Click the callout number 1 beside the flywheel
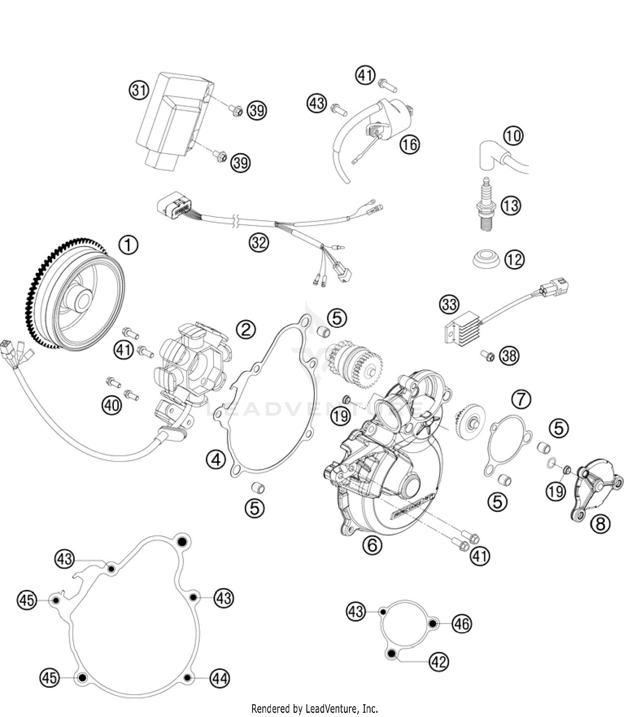(x=128, y=245)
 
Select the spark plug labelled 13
(x=487, y=206)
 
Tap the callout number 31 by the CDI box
(x=139, y=91)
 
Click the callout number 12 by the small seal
(x=514, y=260)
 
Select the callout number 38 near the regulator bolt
(x=509, y=356)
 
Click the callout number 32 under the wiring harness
(x=259, y=242)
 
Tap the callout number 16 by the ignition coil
(x=409, y=144)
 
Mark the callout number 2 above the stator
(x=246, y=329)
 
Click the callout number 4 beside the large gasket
(x=216, y=460)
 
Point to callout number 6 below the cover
(x=372, y=545)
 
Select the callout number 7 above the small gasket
(x=521, y=399)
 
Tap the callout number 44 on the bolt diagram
(x=220, y=678)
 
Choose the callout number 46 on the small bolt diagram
(x=462, y=624)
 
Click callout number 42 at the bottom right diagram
(x=439, y=662)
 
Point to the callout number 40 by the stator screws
(x=112, y=405)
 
